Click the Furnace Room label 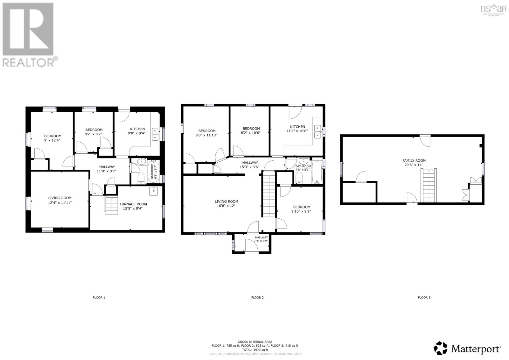pyautogui.click(x=133, y=204)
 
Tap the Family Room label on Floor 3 pyautogui.click(x=414, y=160)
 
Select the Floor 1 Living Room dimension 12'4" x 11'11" pyautogui.click(x=60, y=202)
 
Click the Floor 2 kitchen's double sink pyautogui.click(x=318, y=132)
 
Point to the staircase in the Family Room pyautogui.click(x=428, y=186)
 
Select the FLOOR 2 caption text pyautogui.click(x=257, y=298)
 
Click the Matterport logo pyautogui.click(x=468, y=349)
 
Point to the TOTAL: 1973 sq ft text pyautogui.click(x=255, y=349)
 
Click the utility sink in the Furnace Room pyautogui.click(x=153, y=191)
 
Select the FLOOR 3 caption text pyautogui.click(x=424, y=298)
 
